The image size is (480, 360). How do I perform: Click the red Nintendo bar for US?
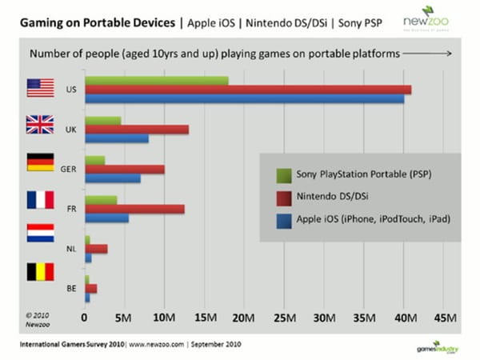point(248,90)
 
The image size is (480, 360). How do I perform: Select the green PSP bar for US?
point(157,80)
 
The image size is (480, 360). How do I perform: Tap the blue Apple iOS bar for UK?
point(117,138)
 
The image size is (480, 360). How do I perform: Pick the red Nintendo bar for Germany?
point(125,169)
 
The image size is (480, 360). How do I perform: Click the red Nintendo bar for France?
point(134,209)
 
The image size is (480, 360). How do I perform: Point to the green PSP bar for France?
point(101,199)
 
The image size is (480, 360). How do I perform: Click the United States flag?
point(40,88)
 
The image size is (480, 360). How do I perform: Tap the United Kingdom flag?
point(40,126)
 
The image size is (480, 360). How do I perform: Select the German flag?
point(40,163)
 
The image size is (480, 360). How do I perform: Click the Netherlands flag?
point(40,234)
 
